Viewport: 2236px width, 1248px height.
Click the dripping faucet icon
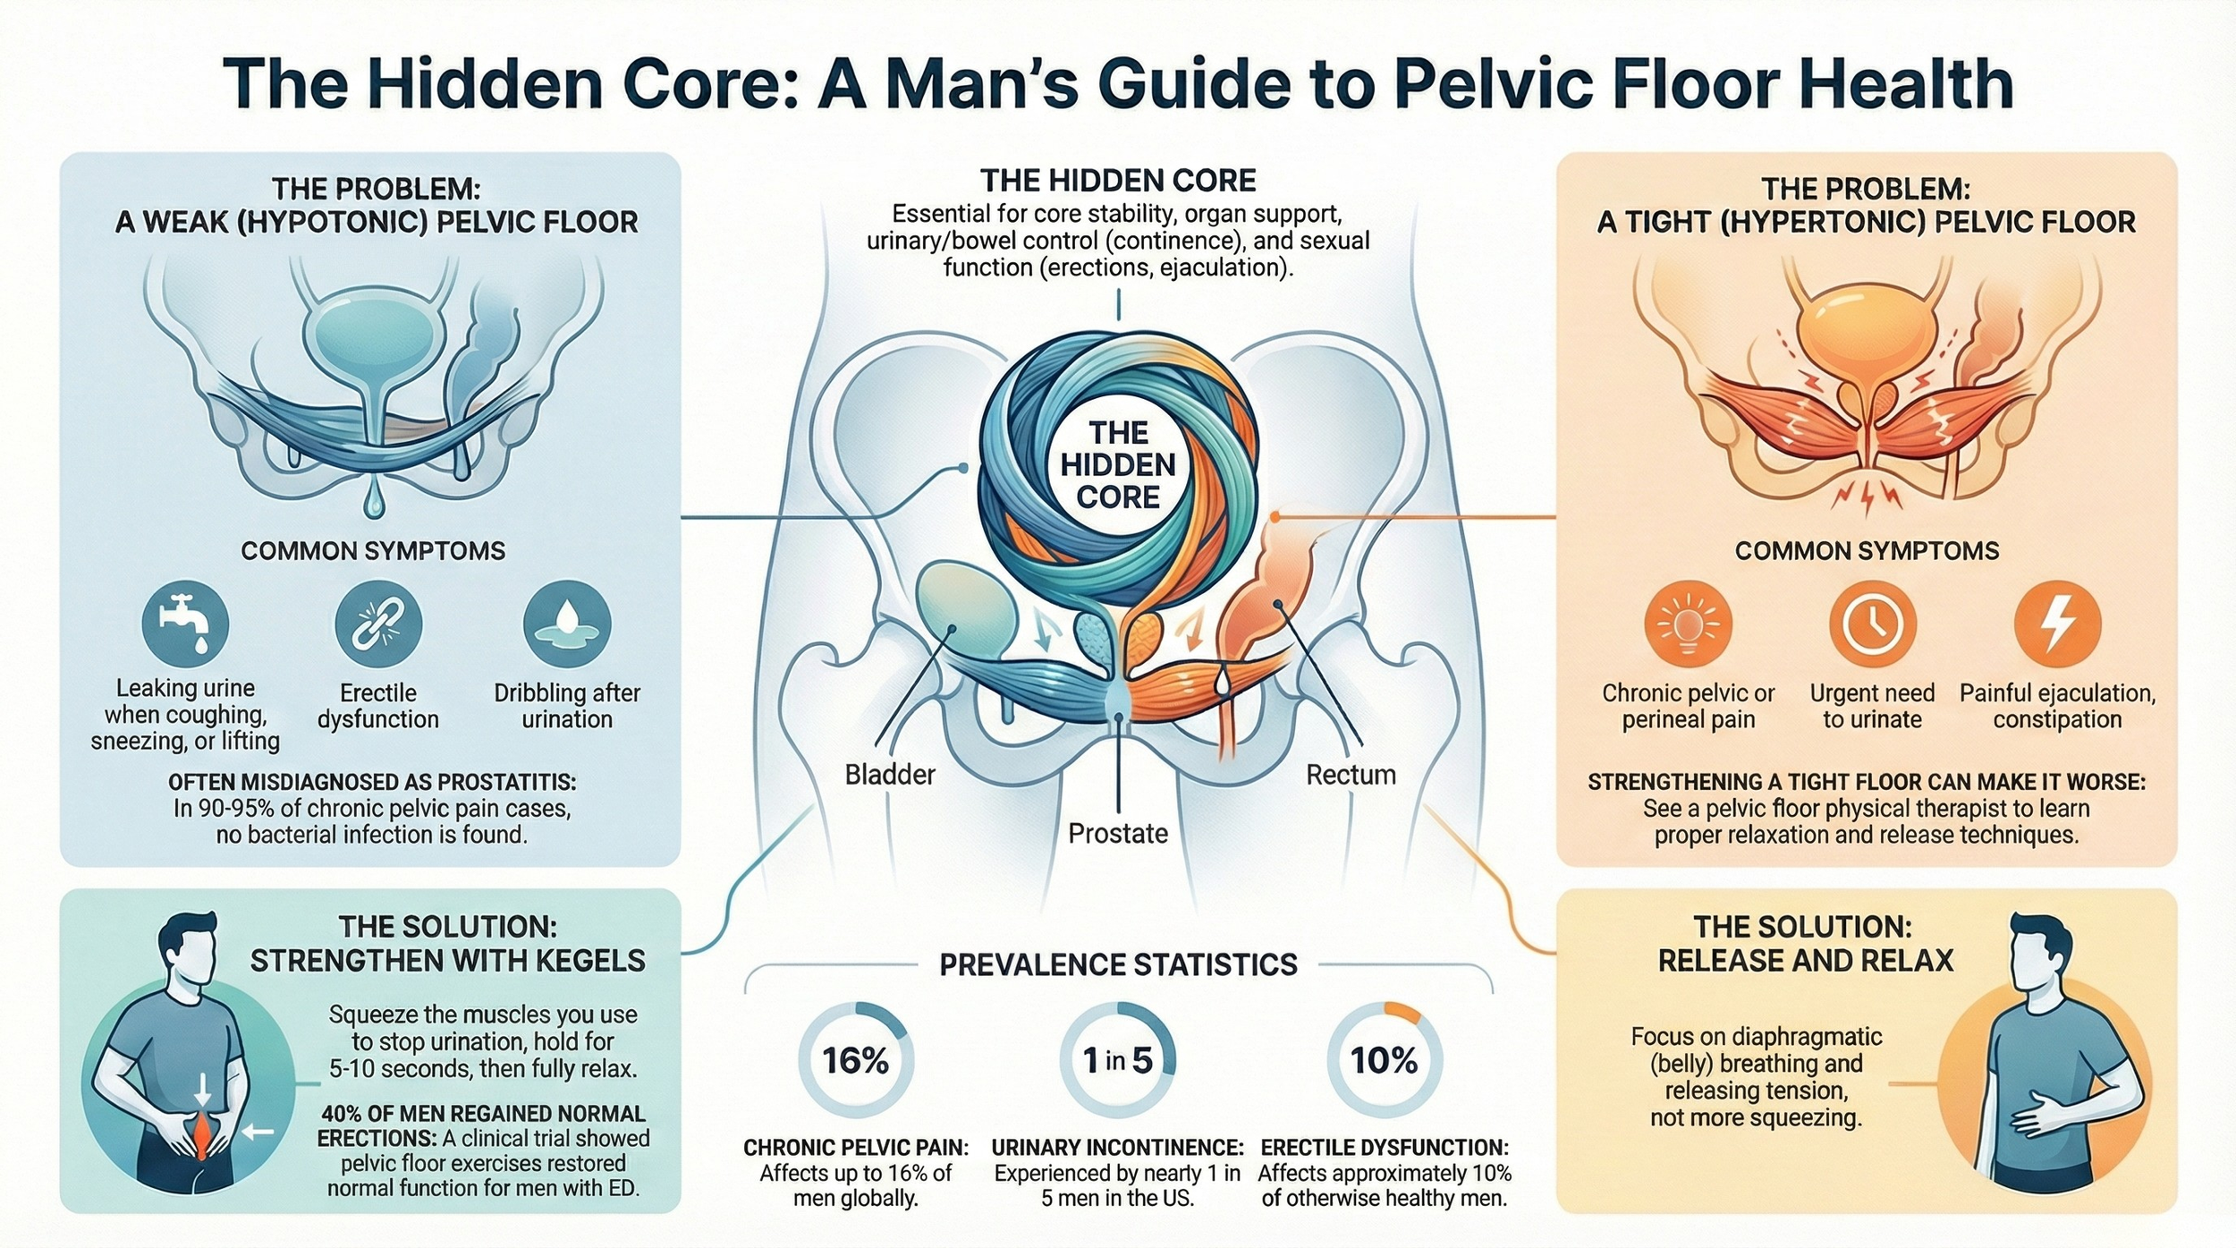pyautogui.click(x=185, y=624)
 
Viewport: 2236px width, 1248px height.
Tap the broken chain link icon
pyautogui.click(x=377, y=624)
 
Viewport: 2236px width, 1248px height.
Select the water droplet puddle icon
pyautogui.click(x=567, y=624)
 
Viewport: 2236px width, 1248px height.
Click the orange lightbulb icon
pyautogui.click(x=1688, y=624)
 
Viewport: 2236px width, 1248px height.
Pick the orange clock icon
pyautogui.click(x=1872, y=624)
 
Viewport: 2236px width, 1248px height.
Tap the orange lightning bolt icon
pyautogui.click(x=2057, y=624)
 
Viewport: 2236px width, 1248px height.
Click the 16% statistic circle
pyautogui.click(x=856, y=1060)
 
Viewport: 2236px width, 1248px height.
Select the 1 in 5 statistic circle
pyautogui.click(x=1117, y=1060)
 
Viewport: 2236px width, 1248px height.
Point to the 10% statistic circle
pyautogui.click(x=1384, y=1060)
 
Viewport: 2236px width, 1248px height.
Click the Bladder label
pyautogui.click(x=890, y=775)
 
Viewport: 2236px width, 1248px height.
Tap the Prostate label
pyautogui.click(x=1118, y=834)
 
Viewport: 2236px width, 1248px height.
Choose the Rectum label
pyautogui.click(x=1351, y=775)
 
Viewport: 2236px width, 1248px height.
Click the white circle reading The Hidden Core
pyautogui.click(x=1118, y=465)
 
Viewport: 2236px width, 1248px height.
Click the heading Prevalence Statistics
pyautogui.click(x=1118, y=964)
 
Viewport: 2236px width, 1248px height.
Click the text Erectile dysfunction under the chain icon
pyautogui.click(x=378, y=706)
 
